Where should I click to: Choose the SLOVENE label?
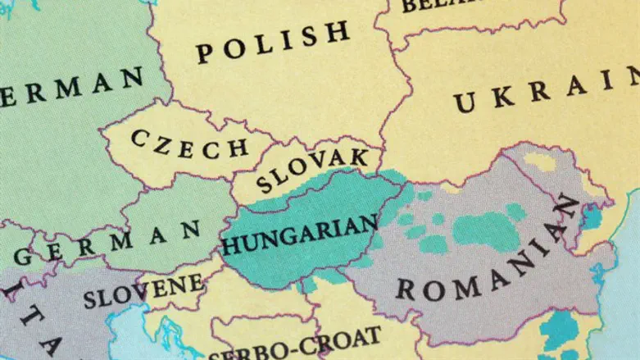click(x=143, y=292)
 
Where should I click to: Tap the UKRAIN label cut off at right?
click(x=546, y=92)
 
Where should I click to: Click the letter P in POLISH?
click(x=204, y=54)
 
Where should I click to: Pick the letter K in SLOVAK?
click(x=358, y=156)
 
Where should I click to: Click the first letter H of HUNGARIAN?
click(x=229, y=245)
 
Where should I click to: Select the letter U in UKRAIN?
click(x=465, y=103)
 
